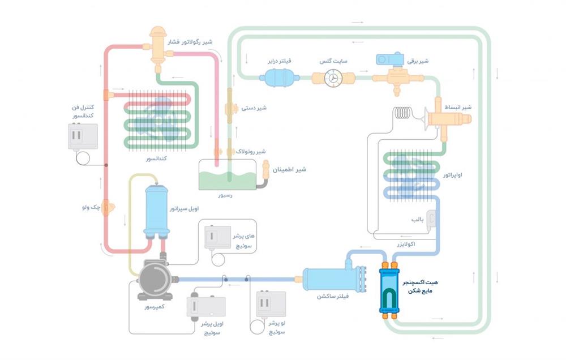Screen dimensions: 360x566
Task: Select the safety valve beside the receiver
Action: click(266, 170)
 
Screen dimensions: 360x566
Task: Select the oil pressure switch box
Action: click(206, 307)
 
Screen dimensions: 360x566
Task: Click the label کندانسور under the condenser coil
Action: click(153, 160)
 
